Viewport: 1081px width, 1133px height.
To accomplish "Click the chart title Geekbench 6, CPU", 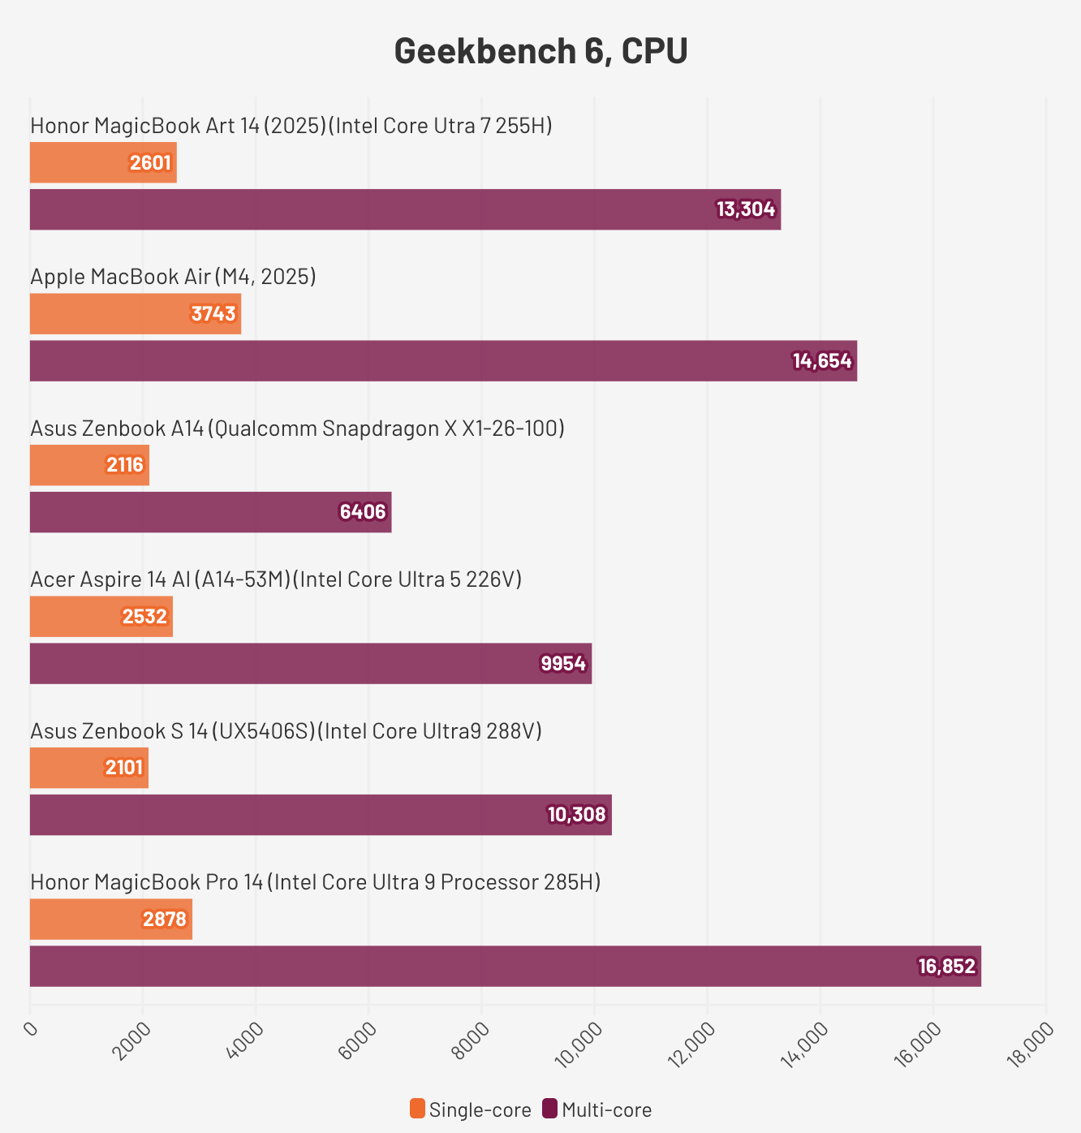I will pos(540,51).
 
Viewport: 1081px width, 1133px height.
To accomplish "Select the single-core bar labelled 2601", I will pos(103,162).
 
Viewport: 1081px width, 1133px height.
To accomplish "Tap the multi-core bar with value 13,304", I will pos(405,209).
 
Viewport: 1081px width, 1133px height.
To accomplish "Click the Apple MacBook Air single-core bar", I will pos(136,314).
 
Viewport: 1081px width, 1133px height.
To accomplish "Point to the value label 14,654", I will pos(822,361).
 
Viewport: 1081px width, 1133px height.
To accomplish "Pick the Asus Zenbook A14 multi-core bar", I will pos(210,512).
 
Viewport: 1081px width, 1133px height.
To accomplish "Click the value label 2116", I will pos(125,465).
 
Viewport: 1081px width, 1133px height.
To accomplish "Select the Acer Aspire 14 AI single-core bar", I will pos(101,617).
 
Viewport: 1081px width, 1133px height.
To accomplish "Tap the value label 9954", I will pos(563,664).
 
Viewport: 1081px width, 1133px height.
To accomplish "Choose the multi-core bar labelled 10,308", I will pos(321,815).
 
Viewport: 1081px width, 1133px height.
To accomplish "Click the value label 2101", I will pos(124,768).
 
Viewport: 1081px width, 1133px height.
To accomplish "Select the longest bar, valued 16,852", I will pos(505,966).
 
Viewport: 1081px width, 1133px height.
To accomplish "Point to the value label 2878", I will pos(165,920).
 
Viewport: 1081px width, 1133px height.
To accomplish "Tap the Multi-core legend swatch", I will pos(550,1109).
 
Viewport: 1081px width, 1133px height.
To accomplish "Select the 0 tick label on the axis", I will pos(32,1030).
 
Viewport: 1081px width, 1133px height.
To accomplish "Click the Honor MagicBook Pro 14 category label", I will pos(315,882).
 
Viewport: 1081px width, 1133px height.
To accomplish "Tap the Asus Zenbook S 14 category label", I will pos(286,731).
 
